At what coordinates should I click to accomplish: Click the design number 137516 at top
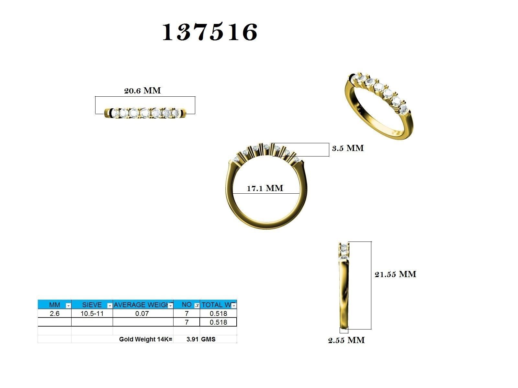[210, 32]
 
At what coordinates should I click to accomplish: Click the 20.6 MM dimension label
[142, 91]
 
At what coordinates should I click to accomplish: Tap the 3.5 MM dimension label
[348, 148]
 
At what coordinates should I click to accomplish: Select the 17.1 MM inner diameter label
[265, 188]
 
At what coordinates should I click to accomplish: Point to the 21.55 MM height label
[395, 274]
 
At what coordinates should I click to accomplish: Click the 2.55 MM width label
[346, 340]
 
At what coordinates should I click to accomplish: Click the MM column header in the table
[54, 305]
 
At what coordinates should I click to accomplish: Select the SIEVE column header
[92, 305]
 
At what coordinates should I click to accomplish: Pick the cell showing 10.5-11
[92, 313]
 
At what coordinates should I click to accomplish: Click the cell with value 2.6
[54, 313]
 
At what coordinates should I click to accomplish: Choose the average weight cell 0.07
[142, 313]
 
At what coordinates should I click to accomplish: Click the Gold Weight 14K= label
[146, 339]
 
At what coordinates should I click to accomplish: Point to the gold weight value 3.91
[192, 339]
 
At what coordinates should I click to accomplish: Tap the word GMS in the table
[208, 339]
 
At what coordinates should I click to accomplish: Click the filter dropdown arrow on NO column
[197, 306]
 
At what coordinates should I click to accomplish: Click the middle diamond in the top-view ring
[145, 113]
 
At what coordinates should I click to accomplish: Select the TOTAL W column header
[216, 305]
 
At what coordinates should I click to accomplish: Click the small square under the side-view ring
[344, 330]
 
